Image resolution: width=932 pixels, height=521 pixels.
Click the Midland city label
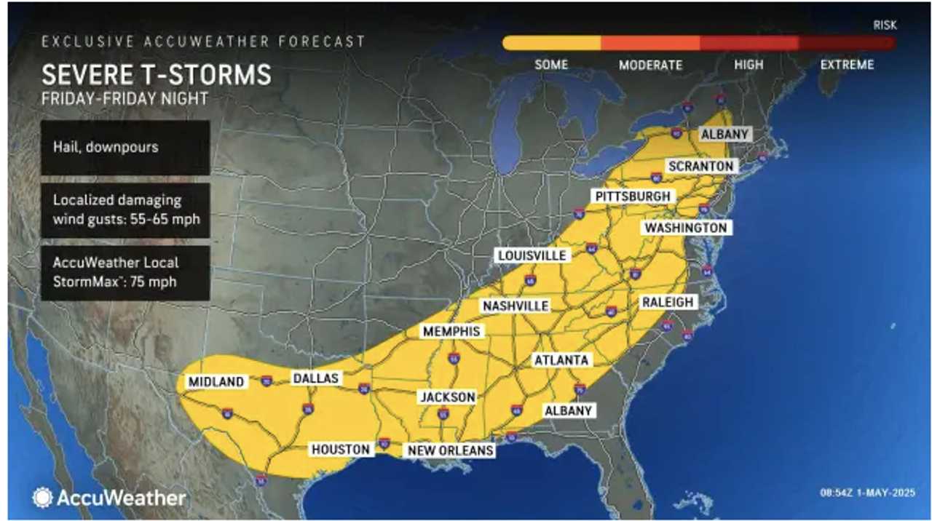point(216,382)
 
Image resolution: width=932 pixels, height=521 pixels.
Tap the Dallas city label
point(316,378)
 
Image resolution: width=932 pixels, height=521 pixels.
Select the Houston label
point(341,450)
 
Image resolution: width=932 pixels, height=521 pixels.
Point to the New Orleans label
point(451,450)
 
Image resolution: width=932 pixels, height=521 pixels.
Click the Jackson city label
point(448,397)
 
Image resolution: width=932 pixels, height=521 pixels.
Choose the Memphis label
point(451,332)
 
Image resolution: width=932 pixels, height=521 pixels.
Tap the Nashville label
point(516,306)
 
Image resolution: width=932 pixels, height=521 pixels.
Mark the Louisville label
point(532,255)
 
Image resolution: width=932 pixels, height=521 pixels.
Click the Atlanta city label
point(561,360)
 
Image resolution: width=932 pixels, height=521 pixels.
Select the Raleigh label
point(668,302)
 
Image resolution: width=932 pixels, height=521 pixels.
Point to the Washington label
point(685,228)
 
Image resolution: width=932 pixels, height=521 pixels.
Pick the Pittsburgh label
point(632,196)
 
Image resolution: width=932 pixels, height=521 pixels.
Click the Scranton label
point(700,166)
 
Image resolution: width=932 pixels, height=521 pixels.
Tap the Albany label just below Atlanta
point(569,410)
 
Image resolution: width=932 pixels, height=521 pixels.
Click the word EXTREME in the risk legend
point(847,65)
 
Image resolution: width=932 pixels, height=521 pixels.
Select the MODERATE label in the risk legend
point(650,65)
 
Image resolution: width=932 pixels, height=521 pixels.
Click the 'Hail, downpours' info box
point(125,148)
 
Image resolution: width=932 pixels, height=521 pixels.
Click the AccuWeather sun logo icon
point(42,498)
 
